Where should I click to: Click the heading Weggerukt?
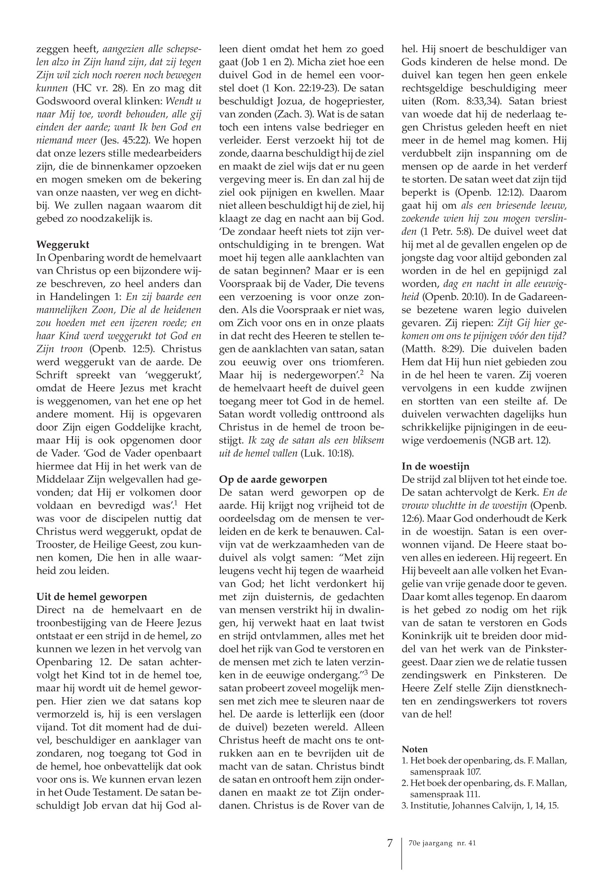63,244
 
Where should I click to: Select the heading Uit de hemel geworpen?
91,596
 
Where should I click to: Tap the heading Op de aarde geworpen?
273,479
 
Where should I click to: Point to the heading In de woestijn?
435,466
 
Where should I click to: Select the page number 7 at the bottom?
389,843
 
